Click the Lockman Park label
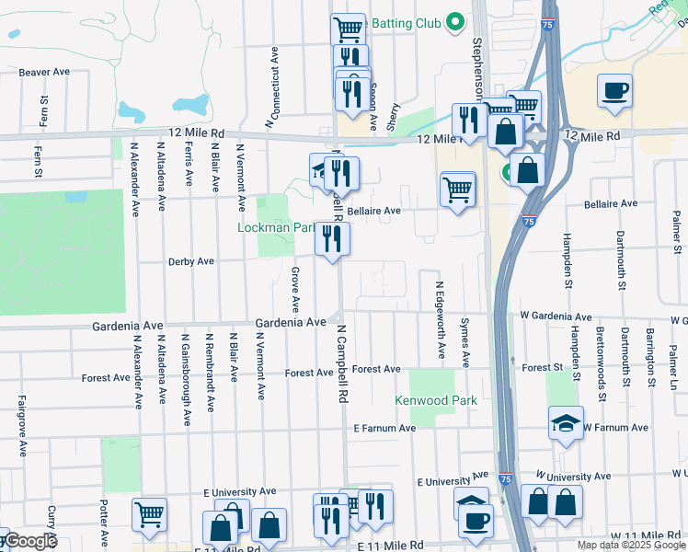[275, 227]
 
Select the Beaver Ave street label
[45, 72]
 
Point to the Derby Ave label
[190, 261]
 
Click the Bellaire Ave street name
[373, 211]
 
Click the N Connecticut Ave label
[272, 87]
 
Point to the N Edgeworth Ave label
[440, 320]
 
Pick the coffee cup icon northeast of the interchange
[614, 91]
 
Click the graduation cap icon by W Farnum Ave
[566, 423]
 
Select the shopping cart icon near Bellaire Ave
[458, 190]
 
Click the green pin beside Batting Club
[453, 22]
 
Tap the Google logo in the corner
[29, 541]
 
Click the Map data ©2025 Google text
[631, 545]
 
